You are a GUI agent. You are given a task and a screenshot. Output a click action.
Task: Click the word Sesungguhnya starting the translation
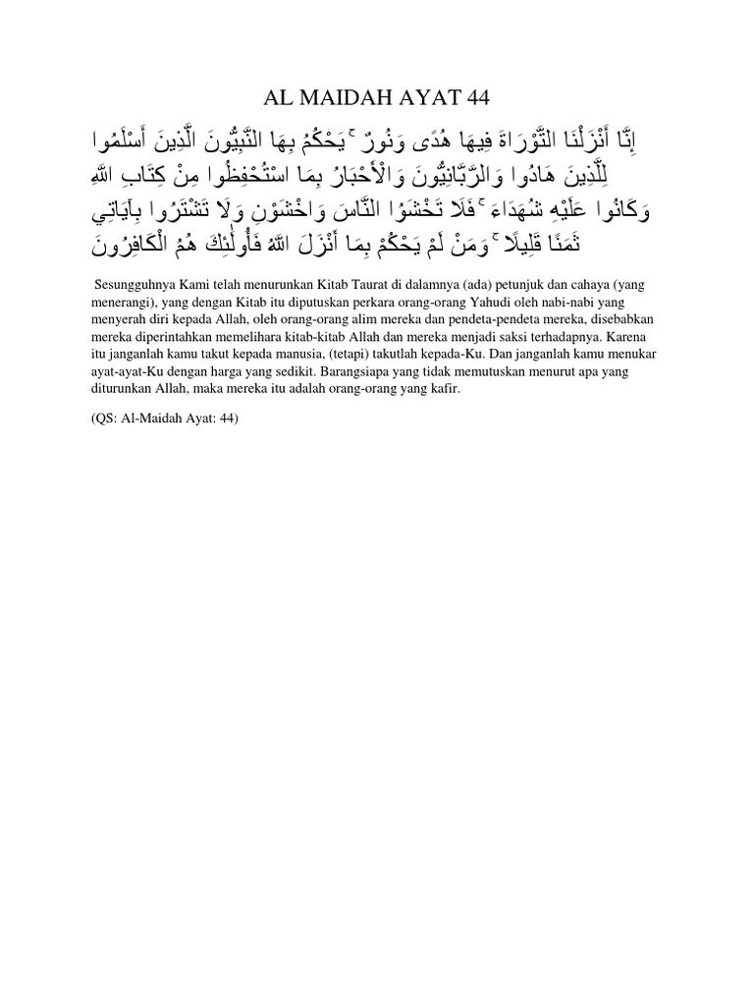click(x=123, y=284)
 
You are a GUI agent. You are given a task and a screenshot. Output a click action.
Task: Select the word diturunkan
click(x=116, y=390)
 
